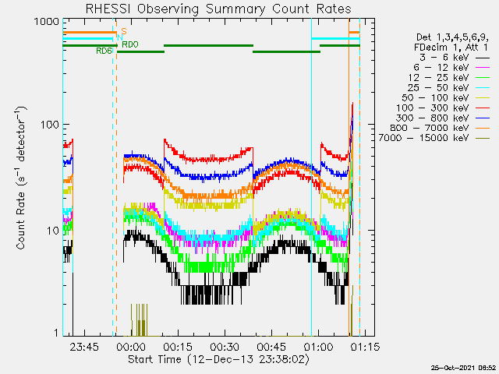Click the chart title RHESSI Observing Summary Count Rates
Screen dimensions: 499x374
tap(218, 9)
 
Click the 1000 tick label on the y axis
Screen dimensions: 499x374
tap(47, 22)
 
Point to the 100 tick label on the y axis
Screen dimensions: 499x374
tap(50, 125)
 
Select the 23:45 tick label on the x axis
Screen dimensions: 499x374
tap(84, 347)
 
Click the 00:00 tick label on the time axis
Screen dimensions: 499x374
tap(131, 347)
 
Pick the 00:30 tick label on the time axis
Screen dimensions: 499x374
tap(225, 347)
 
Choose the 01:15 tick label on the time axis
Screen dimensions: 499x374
tap(365, 347)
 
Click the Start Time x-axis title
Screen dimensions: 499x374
tap(218, 359)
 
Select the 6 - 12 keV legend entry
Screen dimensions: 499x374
tap(451, 68)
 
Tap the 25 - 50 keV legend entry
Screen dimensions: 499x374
tap(448, 87)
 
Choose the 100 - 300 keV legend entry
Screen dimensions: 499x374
tap(443, 108)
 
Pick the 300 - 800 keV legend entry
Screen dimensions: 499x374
tap(443, 118)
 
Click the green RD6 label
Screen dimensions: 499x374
tap(104, 51)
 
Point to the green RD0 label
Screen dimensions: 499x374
tap(130, 44)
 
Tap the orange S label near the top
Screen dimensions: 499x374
tap(124, 31)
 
